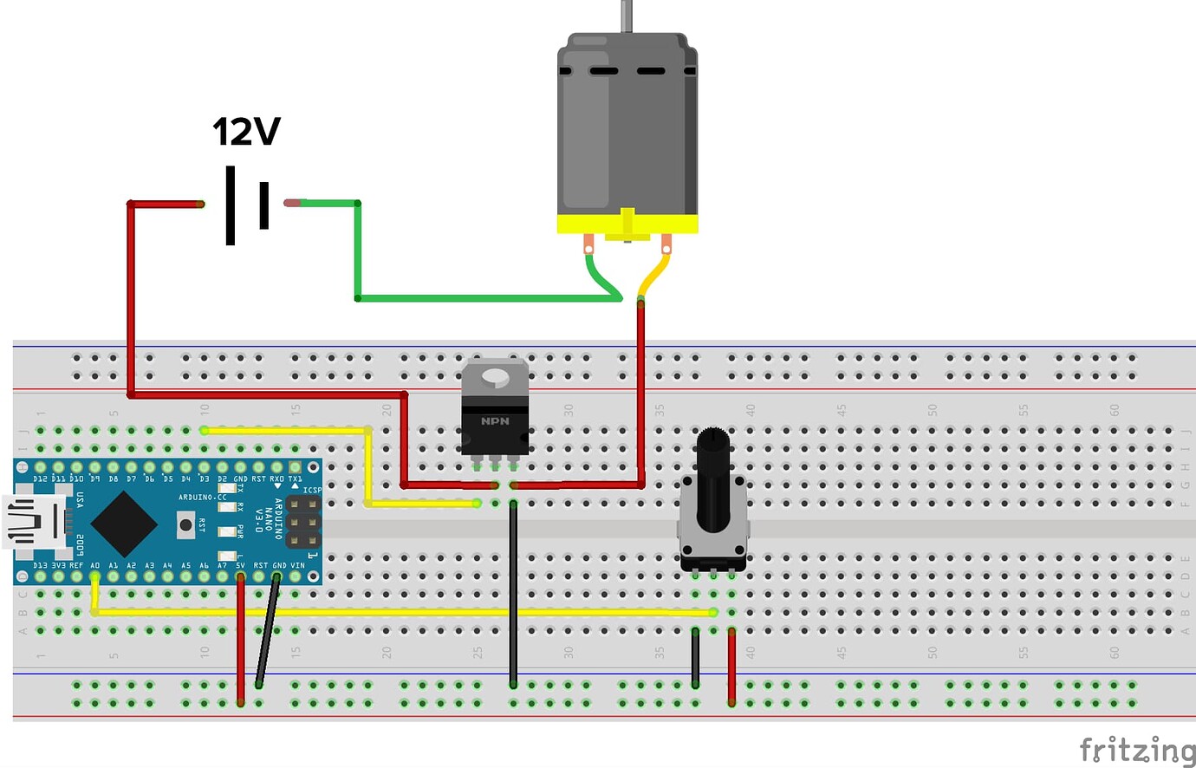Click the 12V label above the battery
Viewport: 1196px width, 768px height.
[x=246, y=132]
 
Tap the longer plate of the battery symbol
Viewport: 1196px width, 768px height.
[x=231, y=205]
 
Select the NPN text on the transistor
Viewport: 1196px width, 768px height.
[x=495, y=421]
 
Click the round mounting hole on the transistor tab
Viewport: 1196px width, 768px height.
[x=495, y=376]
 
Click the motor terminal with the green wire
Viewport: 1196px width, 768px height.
[x=588, y=244]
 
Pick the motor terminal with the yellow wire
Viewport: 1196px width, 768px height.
[x=666, y=244]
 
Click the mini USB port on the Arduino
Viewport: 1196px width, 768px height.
[x=30, y=522]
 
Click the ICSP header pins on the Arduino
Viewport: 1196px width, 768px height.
[x=302, y=522]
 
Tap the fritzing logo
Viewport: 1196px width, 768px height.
[x=1136, y=750]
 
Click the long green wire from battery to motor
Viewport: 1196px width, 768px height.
[x=485, y=298]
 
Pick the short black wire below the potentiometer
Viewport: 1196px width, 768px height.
[x=695, y=658]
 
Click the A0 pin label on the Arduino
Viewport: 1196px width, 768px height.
[x=95, y=565]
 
